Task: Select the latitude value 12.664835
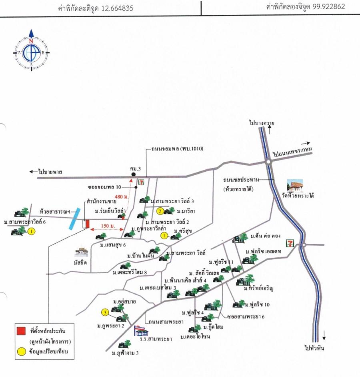118,8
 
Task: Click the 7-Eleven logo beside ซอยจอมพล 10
141,182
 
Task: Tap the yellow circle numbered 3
105,313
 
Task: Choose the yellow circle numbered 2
160,211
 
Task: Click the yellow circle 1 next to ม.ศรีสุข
164,236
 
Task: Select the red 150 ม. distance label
106,227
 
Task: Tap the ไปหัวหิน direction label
313,348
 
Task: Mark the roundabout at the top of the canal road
268,161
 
